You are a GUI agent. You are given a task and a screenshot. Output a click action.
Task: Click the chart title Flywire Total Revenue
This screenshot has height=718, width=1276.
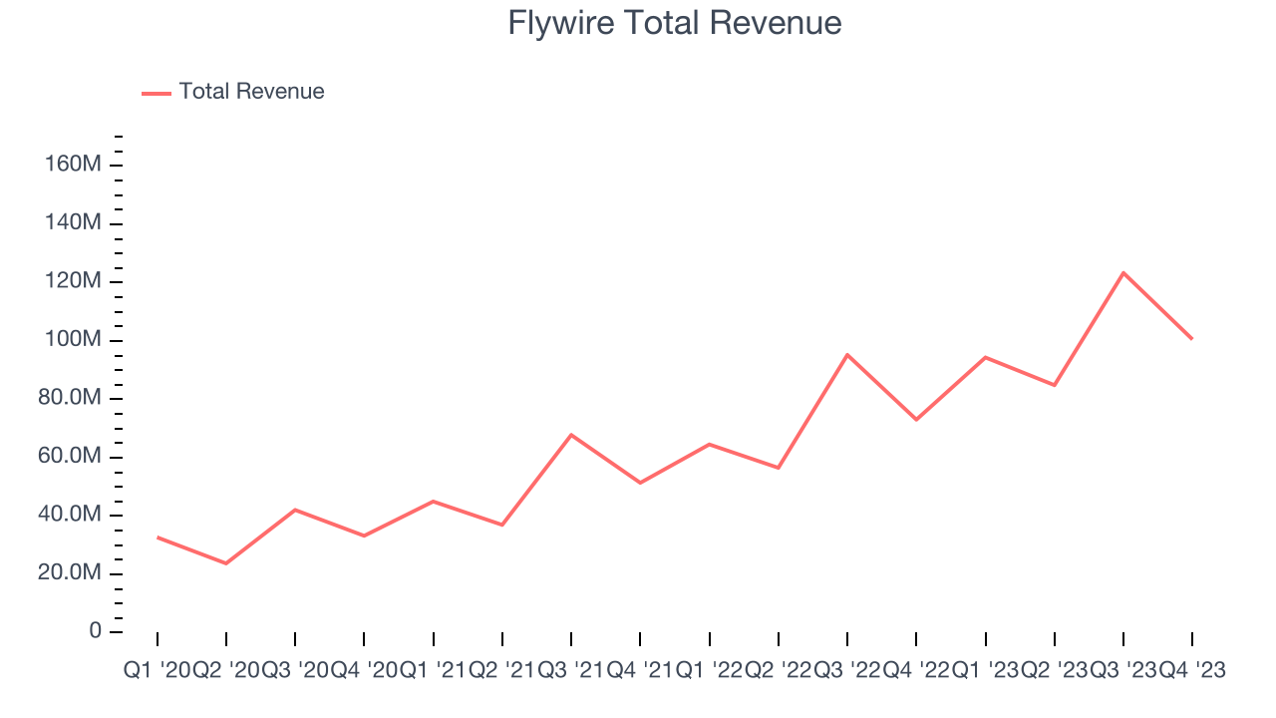point(675,23)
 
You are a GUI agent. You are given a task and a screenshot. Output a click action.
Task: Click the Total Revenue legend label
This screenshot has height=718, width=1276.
point(251,92)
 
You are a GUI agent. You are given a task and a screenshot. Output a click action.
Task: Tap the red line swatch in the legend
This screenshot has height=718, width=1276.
point(157,93)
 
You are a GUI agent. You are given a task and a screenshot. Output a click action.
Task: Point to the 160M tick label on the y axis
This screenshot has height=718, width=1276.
point(73,165)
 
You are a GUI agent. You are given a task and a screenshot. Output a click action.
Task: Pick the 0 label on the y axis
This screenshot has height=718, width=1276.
point(95,631)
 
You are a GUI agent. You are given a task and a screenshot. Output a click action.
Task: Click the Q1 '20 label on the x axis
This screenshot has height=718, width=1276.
point(157,671)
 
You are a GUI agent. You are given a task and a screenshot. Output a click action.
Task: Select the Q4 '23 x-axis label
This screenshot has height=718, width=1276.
point(1192,671)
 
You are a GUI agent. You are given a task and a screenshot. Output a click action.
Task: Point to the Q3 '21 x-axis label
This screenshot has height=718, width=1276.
point(571,671)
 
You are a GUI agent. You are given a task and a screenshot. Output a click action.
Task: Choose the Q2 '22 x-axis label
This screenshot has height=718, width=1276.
point(779,671)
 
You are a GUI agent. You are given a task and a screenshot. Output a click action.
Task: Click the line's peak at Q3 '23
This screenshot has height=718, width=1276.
point(1123,272)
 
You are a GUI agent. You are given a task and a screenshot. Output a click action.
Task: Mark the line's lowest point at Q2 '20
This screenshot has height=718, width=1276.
point(226,563)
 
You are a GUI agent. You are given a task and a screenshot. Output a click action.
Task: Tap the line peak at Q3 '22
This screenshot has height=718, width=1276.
point(847,354)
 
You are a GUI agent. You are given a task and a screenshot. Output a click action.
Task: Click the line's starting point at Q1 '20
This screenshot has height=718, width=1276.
point(158,538)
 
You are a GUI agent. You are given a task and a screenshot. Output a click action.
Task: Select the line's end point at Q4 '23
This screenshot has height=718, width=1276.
point(1192,339)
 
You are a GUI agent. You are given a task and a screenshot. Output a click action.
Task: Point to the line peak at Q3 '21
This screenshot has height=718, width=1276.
point(571,435)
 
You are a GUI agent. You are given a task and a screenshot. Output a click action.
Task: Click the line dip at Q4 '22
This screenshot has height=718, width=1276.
point(916,420)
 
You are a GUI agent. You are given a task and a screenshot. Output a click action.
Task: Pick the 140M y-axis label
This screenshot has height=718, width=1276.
point(73,223)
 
